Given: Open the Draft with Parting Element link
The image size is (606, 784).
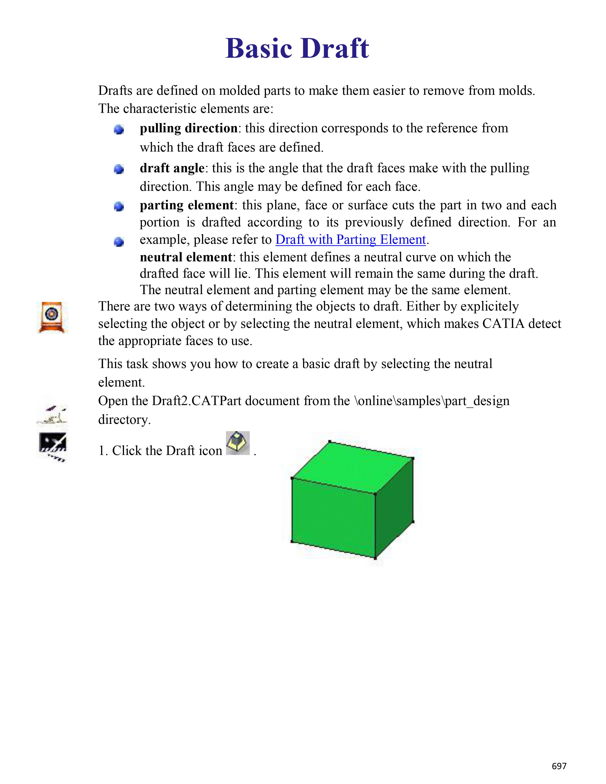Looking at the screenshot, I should [350, 239].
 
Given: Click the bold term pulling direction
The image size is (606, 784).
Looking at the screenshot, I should [188, 128].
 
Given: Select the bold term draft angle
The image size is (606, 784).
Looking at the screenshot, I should [172, 168].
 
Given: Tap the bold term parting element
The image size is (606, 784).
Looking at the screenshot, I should [187, 205].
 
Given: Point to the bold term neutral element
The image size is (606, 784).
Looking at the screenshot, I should [186, 257].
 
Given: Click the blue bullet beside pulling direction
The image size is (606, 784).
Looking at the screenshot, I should [119, 129].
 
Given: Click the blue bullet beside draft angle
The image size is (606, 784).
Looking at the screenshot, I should [119, 169].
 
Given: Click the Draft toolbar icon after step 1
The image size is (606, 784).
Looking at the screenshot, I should [238, 443].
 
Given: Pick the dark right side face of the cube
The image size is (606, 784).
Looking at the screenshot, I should [394, 508].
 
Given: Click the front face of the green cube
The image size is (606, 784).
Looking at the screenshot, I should [333, 517].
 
